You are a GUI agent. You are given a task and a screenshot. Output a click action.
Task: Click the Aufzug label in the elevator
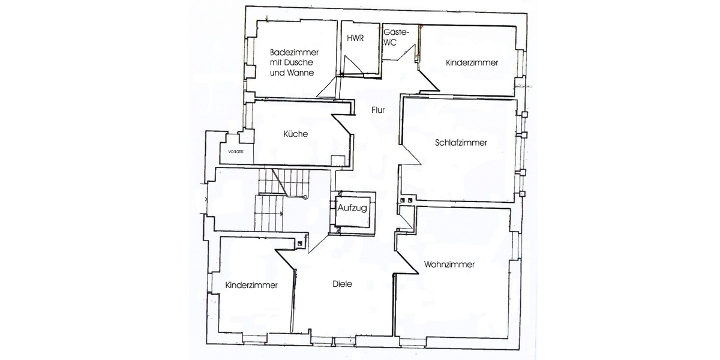pos(352,208)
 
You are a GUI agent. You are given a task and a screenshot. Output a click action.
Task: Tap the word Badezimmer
pos(294,52)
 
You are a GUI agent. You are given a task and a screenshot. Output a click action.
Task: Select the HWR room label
pos(355,38)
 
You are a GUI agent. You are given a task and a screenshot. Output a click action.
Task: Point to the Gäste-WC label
pos(396,37)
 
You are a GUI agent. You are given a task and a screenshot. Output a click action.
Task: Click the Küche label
pos(295,134)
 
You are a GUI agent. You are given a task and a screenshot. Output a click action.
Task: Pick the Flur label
pos(378,110)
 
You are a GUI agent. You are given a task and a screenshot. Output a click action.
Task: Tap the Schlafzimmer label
pos(461,143)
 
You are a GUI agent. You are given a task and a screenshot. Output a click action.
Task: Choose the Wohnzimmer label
pos(449,265)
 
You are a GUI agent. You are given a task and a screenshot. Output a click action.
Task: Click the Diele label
pos(343,284)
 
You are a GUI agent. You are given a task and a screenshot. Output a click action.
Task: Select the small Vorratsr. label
pos(236,151)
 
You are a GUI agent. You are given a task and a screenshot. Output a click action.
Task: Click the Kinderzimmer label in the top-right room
pos(472,62)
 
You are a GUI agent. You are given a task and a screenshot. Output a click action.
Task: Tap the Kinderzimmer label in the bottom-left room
pos(251,285)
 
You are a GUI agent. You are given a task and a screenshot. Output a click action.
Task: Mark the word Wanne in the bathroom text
pos(301,73)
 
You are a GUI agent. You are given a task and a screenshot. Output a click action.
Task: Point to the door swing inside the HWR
pos(352,66)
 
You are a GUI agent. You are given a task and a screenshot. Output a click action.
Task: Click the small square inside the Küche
pos(338,161)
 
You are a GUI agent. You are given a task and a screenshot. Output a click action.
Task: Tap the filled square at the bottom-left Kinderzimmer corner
pos(300,244)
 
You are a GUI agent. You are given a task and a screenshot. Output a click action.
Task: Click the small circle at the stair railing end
pos(305,197)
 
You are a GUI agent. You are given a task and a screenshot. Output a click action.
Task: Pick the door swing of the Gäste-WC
pos(406,53)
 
